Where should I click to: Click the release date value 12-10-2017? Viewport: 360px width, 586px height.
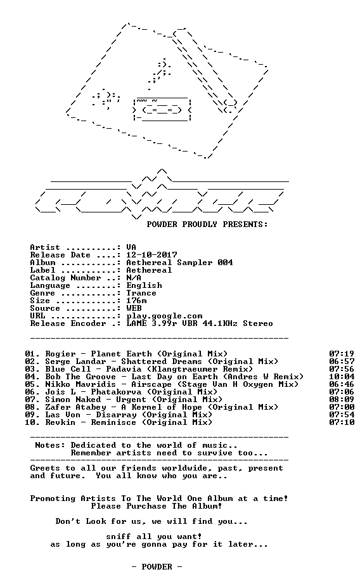pos(151,255)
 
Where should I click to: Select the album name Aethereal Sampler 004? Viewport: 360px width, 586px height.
pos(179,263)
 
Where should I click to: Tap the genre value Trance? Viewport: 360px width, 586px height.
pos(141,293)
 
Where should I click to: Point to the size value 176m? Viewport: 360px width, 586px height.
pos(136,301)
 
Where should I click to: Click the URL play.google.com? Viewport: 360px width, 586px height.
pos(164,316)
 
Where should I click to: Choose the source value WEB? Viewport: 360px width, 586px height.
pos(134,308)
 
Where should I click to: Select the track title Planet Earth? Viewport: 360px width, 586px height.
pos(121,354)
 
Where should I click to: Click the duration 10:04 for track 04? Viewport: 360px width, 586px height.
pos(342,377)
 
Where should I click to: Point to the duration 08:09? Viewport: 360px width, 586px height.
pos(342,400)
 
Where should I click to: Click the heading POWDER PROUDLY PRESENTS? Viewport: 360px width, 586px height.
pos(207,225)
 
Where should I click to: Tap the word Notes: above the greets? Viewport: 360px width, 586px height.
pos(50,445)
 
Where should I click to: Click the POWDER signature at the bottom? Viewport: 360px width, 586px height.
pos(157,567)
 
